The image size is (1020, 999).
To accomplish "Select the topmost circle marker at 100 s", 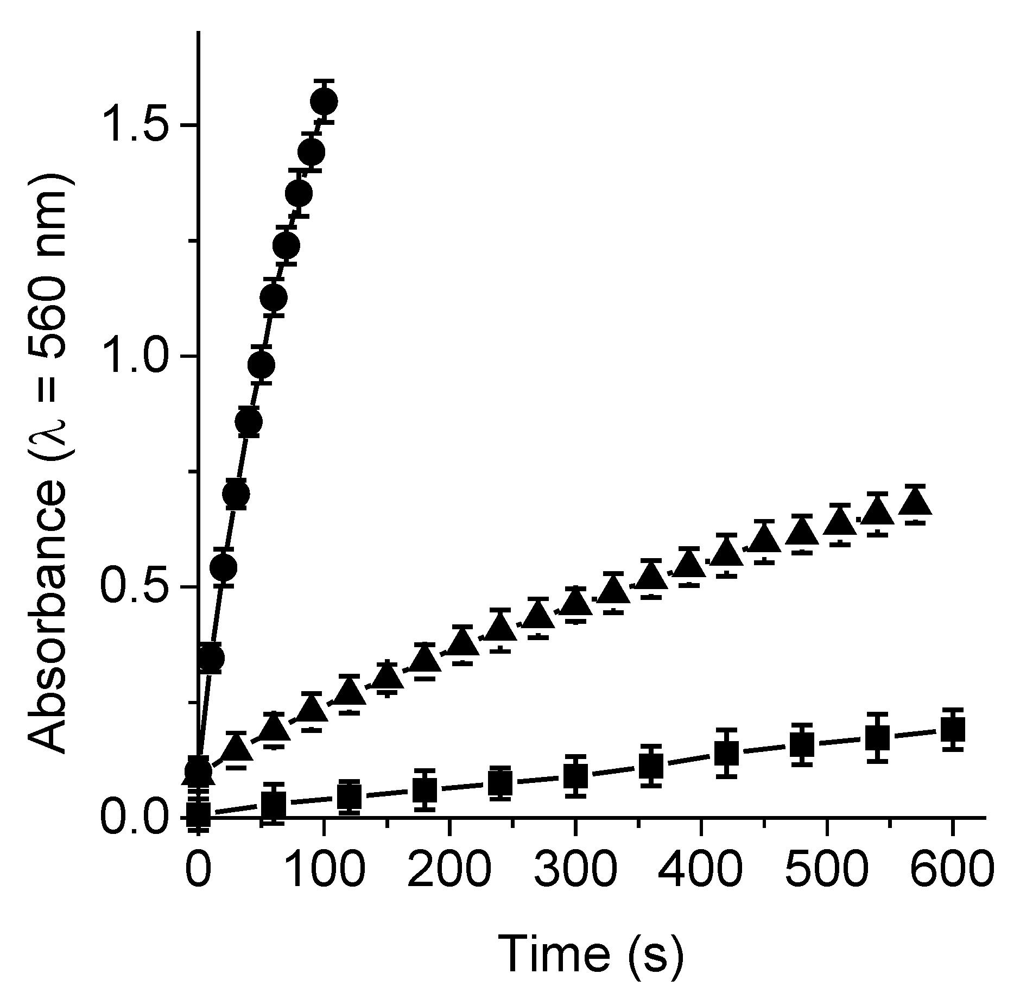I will (324, 101).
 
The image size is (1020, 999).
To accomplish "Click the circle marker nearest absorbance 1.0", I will (261, 364).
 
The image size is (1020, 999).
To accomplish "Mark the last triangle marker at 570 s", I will (915, 501).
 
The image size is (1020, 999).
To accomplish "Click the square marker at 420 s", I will (726, 753).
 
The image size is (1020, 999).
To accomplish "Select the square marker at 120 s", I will (350, 796).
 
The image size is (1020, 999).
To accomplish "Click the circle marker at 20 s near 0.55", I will (223, 567).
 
